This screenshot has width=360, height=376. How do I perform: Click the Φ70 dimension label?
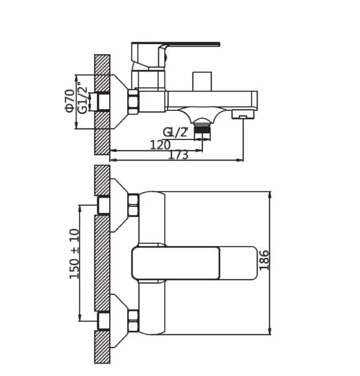point(70,100)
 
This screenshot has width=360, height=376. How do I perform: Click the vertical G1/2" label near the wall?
point(83,98)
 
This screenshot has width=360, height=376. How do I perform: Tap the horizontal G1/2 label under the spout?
point(175,133)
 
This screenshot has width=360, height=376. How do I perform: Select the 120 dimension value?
point(160,145)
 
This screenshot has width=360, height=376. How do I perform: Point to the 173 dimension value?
point(178,155)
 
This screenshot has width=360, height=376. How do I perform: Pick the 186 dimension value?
point(263,261)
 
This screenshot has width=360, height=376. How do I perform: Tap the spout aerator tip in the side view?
point(243,115)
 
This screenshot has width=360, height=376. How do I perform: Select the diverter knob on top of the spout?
point(202,81)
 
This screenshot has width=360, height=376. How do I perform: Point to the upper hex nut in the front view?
point(133,205)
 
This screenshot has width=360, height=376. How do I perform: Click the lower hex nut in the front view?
point(133,321)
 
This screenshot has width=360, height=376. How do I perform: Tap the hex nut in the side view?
point(133,101)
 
